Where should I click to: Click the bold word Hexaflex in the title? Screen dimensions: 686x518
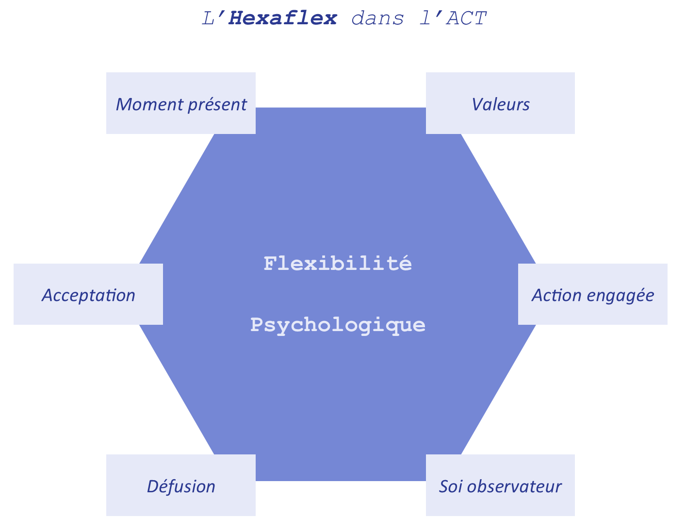pyautogui.click(x=282, y=18)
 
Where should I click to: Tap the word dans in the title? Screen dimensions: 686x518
pyautogui.click(x=377, y=18)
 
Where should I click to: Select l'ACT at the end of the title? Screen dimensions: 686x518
pyautogui.click(x=453, y=18)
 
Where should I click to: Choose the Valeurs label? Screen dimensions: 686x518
pyautogui.click(x=500, y=104)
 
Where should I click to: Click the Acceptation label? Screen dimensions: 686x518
pyautogui.click(x=88, y=296)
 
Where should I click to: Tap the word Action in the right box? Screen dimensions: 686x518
pyautogui.click(x=556, y=295)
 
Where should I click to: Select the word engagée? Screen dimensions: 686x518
pyautogui.click(x=620, y=296)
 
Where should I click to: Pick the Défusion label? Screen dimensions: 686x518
pyautogui.click(x=181, y=486)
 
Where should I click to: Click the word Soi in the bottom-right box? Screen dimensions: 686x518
pyautogui.click(x=450, y=486)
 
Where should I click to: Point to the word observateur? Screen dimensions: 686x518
pyautogui.click(x=514, y=486)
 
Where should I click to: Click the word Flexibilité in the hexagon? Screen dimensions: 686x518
pyautogui.click(x=338, y=263)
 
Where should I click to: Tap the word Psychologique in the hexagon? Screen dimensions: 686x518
pyautogui.click(x=338, y=325)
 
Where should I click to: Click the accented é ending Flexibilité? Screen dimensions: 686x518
pyautogui.click(x=405, y=263)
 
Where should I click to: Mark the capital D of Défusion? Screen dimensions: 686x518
pyautogui.click(x=154, y=486)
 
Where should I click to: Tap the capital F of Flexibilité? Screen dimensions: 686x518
pyautogui.click(x=271, y=263)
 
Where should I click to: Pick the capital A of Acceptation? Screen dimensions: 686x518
pyautogui.click(x=48, y=296)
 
